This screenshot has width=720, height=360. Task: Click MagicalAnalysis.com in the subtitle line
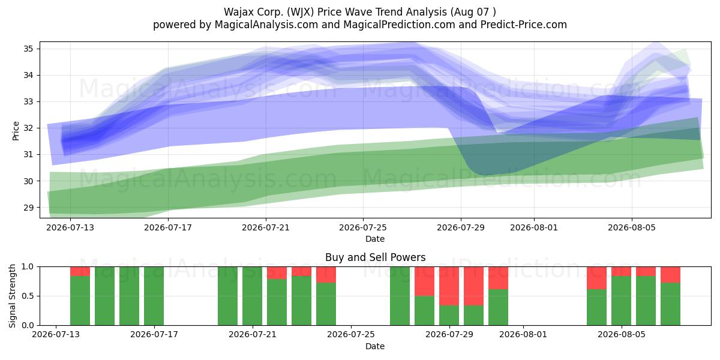(x=266, y=25)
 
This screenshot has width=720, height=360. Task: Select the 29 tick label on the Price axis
(x=28, y=208)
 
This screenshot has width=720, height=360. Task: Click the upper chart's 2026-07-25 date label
(x=363, y=227)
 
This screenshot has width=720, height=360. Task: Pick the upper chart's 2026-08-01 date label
(x=534, y=227)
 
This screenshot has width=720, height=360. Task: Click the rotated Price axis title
(x=16, y=131)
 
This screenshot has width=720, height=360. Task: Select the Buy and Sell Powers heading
(x=375, y=257)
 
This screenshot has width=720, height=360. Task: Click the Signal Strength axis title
(x=12, y=296)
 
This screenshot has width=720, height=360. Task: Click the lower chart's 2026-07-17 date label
(x=154, y=335)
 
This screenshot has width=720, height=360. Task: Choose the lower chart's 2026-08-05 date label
(x=622, y=335)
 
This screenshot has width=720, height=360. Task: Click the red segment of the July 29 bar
(x=449, y=286)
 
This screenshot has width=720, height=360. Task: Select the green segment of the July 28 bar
(x=424, y=311)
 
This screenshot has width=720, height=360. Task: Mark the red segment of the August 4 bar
(x=596, y=278)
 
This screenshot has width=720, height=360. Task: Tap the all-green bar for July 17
(x=154, y=296)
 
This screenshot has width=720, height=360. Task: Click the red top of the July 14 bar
(x=80, y=271)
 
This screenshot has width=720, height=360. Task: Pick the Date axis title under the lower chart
(x=375, y=346)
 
